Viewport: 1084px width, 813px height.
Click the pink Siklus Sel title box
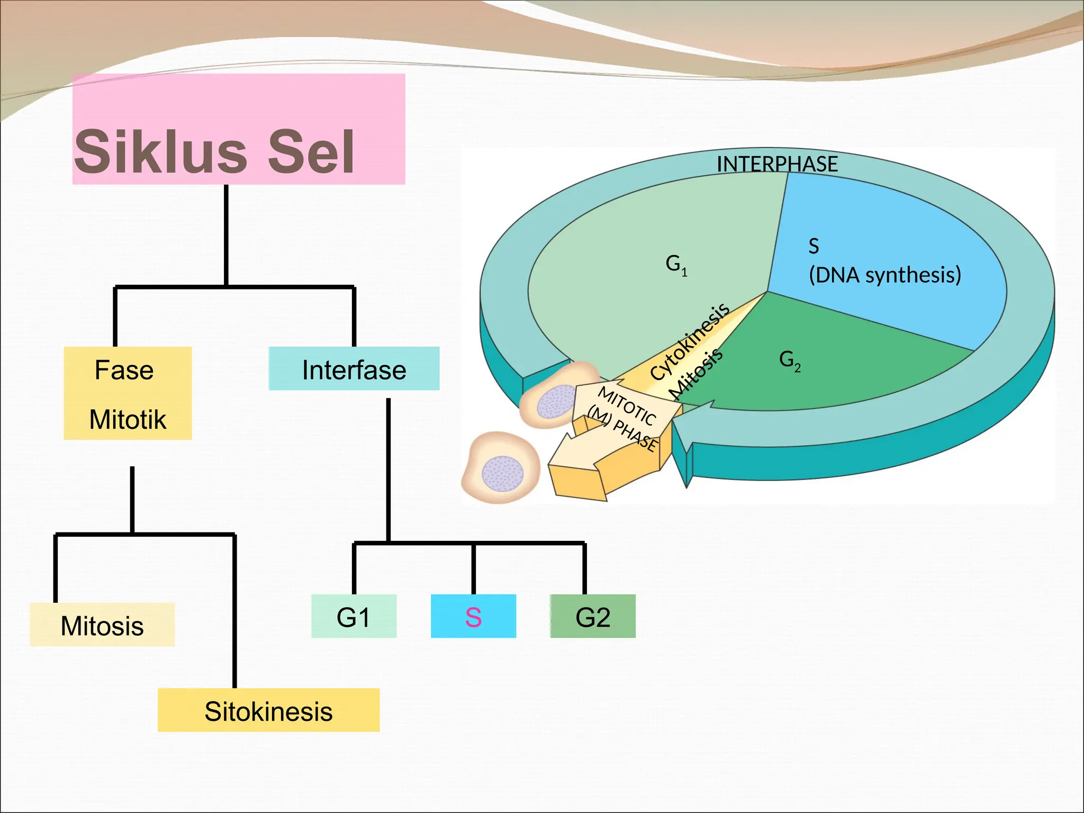238,129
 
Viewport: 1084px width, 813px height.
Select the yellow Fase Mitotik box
128,393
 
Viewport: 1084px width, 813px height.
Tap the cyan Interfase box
354,369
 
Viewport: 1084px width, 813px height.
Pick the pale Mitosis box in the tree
102,625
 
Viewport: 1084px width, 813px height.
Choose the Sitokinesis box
268,710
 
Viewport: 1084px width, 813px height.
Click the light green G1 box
354,617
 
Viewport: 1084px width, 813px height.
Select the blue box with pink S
473,617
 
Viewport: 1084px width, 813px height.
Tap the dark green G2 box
593,617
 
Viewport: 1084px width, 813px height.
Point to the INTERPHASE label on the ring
777,164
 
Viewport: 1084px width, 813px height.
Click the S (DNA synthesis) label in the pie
884,261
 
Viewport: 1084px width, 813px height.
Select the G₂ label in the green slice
789,360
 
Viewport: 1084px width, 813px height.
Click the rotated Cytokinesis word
689,342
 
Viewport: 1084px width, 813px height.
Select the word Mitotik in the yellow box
128,420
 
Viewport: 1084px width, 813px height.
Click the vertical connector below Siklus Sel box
227,236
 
